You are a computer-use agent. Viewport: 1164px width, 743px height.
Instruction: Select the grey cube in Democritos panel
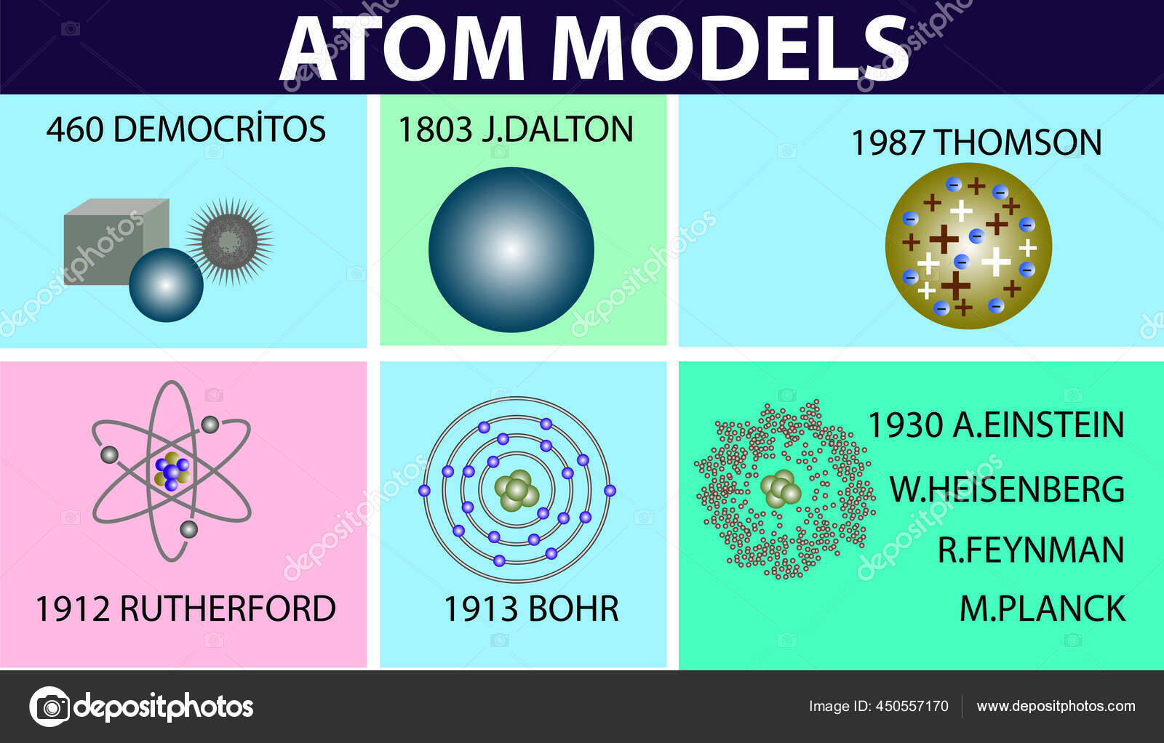109,236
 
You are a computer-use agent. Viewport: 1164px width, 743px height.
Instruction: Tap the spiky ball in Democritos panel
229,241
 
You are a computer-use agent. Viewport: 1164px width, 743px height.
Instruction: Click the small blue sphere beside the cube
166,285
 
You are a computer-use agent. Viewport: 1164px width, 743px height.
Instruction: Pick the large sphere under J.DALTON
511,250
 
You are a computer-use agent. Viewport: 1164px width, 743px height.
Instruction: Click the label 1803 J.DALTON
515,130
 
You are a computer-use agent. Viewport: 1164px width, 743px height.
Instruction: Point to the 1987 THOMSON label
976,142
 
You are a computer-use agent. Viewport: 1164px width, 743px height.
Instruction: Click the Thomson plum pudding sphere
968,246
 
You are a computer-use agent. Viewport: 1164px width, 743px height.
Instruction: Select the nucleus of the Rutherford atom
172,471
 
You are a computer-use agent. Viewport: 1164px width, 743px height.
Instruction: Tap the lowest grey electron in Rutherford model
188,529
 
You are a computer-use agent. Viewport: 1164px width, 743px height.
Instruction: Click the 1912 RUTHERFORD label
185,609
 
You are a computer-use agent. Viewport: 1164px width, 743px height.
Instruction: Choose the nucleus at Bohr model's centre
517,489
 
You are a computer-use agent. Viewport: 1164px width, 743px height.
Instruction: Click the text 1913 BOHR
531,609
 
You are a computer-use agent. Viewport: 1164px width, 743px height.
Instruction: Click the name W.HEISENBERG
1007,489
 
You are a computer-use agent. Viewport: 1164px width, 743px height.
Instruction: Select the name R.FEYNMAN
1030,550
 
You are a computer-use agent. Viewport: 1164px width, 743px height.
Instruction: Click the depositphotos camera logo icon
49,706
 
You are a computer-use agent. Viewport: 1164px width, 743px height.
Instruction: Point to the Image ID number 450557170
912,706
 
